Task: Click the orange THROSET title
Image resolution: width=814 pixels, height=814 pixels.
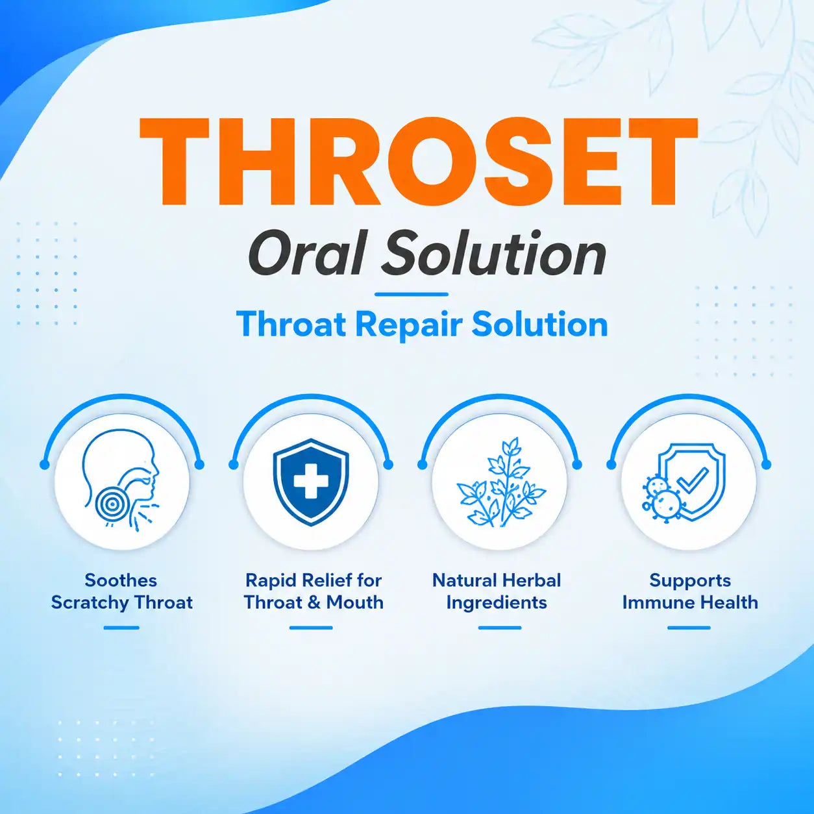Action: tap(418, 161)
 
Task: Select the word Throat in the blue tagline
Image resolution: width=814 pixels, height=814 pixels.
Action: tap(292, 324)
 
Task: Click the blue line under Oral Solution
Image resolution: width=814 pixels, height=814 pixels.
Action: tap(411, 294)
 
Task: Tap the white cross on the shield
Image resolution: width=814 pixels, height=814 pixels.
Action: tap(311, 482)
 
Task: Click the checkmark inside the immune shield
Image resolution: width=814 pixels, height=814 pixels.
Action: tap(693, 480)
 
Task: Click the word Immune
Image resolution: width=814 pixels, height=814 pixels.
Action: tap(652, 603)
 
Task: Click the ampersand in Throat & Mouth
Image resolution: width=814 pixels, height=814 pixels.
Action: tap(314, 603)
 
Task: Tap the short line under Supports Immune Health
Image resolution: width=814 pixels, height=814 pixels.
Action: tap(689, 628)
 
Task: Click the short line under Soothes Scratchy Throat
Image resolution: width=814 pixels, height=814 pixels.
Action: tap(121, 628)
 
